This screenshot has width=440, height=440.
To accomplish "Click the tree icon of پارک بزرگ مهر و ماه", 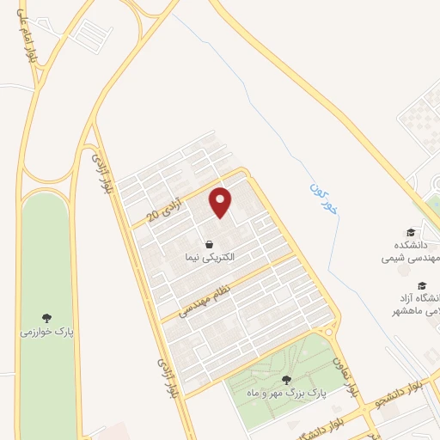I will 286,380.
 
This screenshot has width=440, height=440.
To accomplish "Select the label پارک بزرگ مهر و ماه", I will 286,392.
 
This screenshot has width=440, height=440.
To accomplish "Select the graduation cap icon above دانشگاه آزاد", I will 421,286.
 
